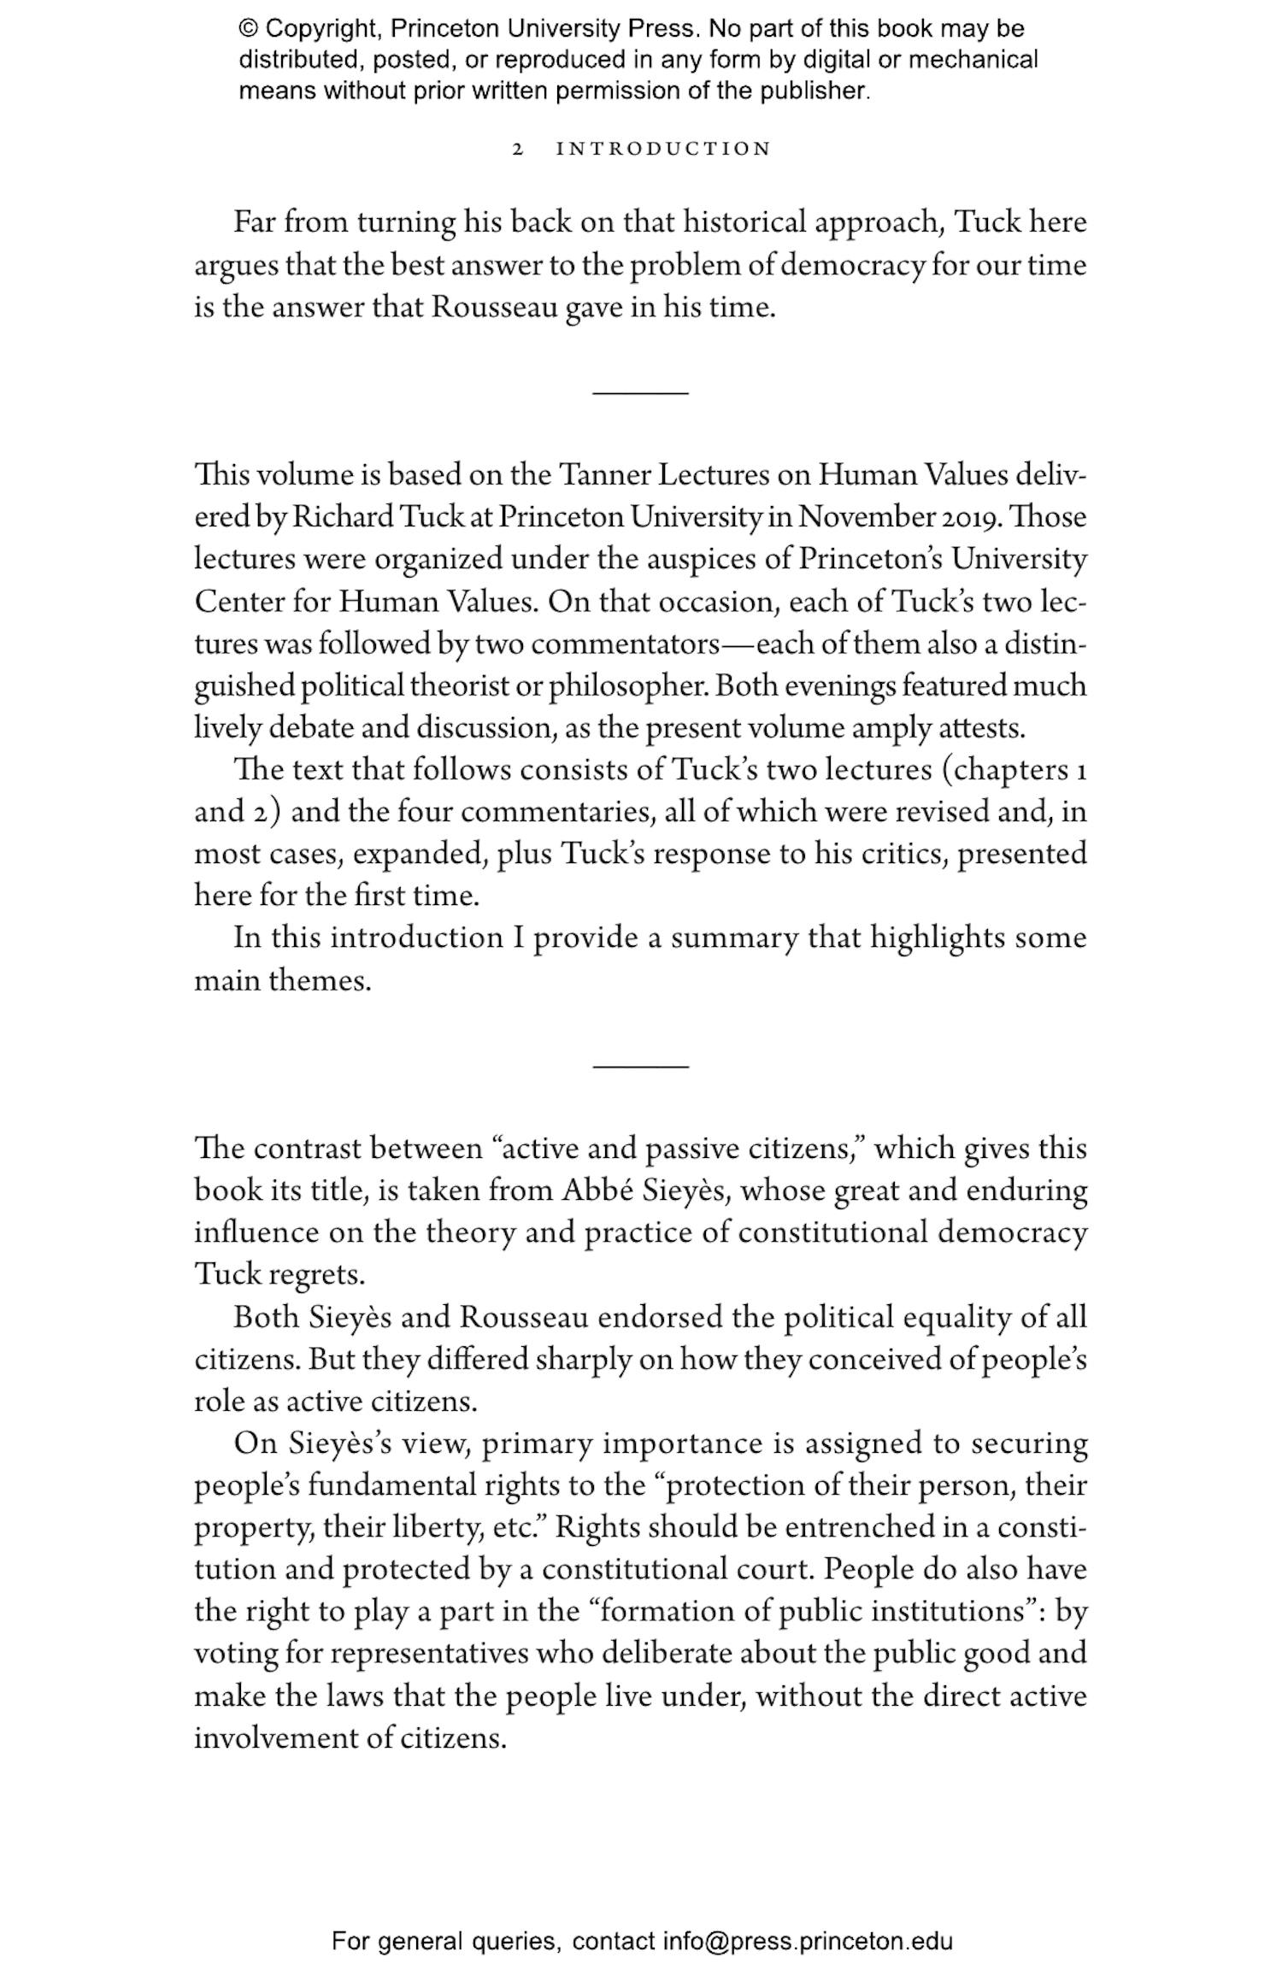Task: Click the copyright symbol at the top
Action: point(248,30)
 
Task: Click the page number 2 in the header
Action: point(517,150)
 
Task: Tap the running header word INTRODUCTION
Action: point(663,150)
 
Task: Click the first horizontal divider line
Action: point(640,392)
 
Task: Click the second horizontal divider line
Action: point(640,1066)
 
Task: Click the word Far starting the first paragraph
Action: point(255,223)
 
